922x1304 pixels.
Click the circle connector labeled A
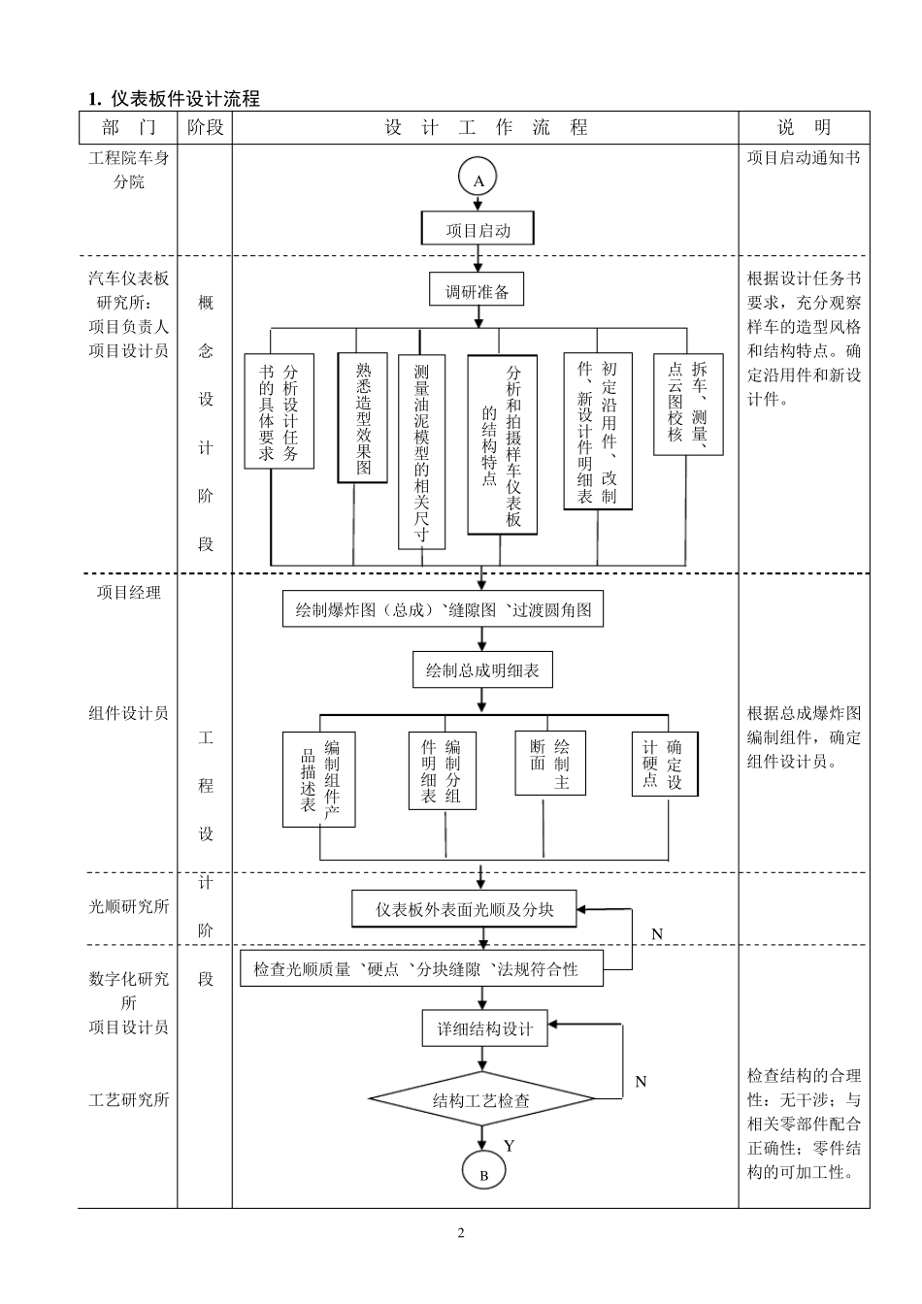point(477,179)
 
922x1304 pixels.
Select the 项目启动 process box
point(477,230)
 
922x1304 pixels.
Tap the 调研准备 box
point(477,290)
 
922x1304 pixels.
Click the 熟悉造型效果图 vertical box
point(362,417)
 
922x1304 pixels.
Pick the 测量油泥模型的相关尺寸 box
point(422,450)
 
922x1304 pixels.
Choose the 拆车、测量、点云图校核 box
point(688,405)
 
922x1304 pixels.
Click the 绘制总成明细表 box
point(482,669)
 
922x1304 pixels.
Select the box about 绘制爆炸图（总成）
point(444,610)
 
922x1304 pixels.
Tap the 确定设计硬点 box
point(664,764)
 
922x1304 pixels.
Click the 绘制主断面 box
point(550,764)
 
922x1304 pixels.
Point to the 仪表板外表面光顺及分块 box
point(464,909)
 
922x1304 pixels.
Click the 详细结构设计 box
point(484,1028)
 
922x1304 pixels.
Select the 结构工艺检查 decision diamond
point(481,1100)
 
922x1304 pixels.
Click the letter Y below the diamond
point(510,1146)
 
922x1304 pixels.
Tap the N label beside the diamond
point(641,1081)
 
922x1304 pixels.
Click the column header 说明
point(804,128)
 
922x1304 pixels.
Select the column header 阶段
point(205,128)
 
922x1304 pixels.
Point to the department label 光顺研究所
point(129,906)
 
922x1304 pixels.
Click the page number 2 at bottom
point(461,1233)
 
